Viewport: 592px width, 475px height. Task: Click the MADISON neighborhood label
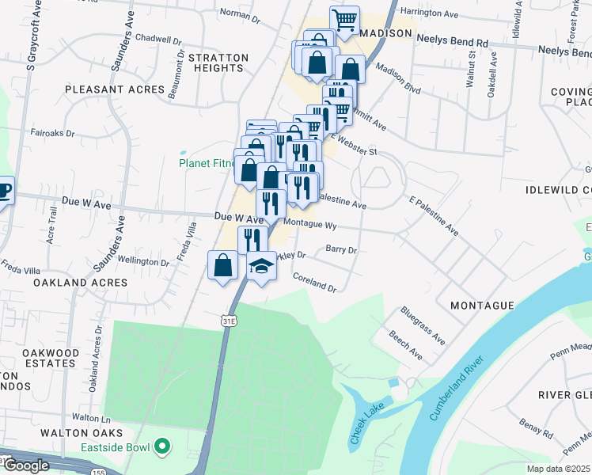click(x=387, y=33)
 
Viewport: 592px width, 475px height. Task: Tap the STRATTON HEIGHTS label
click(x=218, y=63)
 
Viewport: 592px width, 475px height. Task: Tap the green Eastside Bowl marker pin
click(x=162, y=447)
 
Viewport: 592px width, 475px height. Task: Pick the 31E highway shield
click(x=227, y=321)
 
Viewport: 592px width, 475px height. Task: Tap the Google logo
click(x=26, y=465)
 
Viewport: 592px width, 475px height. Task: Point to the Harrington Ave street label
click(x=429, y=13)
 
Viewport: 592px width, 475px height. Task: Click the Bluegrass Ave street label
click(x=423, y=325)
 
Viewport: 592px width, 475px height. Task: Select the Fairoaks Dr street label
click(x=52, y=134)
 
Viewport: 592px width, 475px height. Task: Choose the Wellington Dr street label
click(x=143, y=260)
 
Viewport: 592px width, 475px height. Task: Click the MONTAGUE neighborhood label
click(x=482, y=305)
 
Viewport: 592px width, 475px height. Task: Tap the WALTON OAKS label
click(x=82, y=433)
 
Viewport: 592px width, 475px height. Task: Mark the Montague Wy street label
click(x=309, y=225)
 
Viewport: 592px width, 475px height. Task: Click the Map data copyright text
click(x=559, y=469)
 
